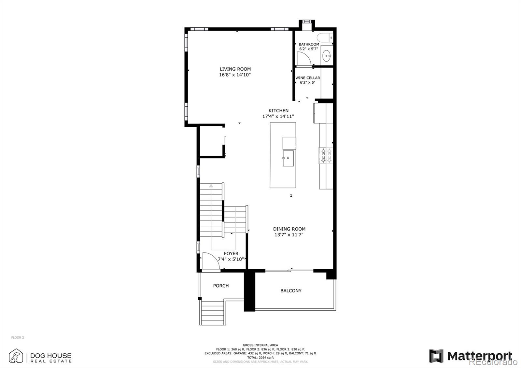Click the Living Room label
pos(235,69)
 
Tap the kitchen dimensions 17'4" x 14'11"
pos(278,116)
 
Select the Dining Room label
pos(289,229)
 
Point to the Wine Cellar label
pos(307,78)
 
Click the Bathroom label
pos(309,44)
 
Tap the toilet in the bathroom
pos(324,38)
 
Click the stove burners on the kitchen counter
pos(326,155)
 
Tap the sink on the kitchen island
pos(288,158)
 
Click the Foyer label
pos(231,253)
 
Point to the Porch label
pos(221,286)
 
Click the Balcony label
pos(291,290)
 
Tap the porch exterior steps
pos(213,313)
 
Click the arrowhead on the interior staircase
pos(211,186)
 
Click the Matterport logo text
pos(480,356)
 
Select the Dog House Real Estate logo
pos(40,356)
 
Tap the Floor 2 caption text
pos(18,337)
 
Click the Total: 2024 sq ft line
pos(260,357)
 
